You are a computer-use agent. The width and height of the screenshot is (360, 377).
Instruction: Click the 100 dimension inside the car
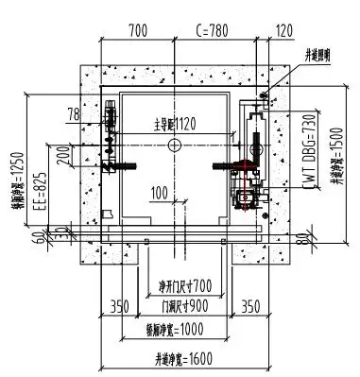pyautogui.click(x=160, y=194)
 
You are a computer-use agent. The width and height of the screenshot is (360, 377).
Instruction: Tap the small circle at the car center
pyautogui.click(x=172, y=145)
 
